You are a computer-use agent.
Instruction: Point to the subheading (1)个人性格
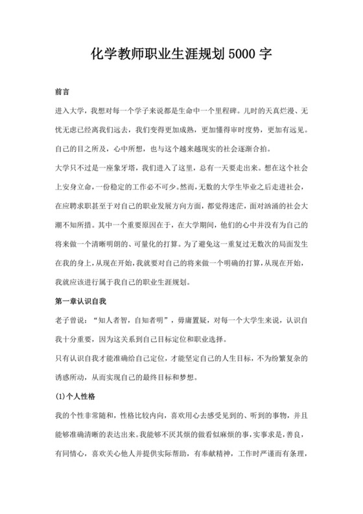[75, 394]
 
